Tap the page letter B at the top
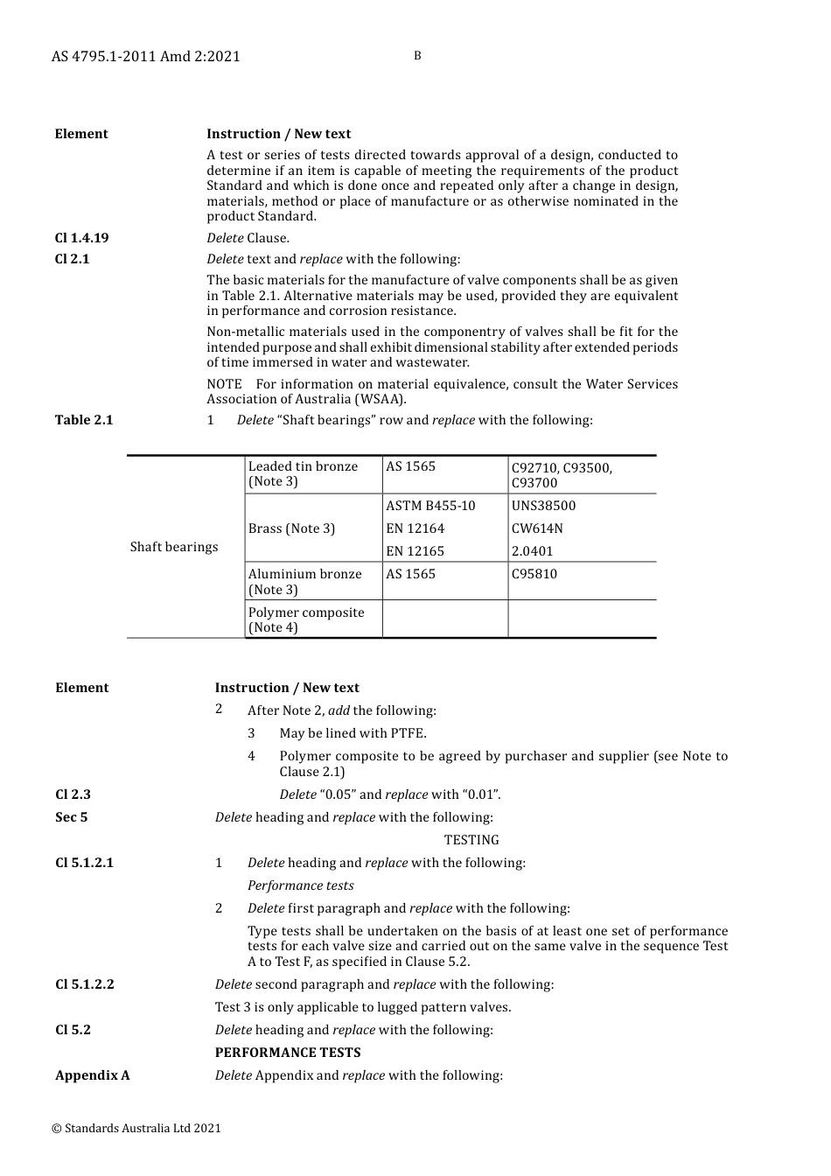click(x=417, y=56)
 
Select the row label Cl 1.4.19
click(x=81, y=238)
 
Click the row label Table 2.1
click(x=84, y=420)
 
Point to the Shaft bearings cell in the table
click(x=174, y=547)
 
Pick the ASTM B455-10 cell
click(x=431, y=506)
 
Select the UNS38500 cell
click(x=544, y=506)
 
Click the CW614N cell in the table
click(x=537, y=528)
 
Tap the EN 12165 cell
click(x=415, y=551)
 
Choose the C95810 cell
click(x=534, y=574)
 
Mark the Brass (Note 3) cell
click(x=291, y=528)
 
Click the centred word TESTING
click(x=471, y=840)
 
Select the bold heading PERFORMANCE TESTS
click(x=288, y=1053)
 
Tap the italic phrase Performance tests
click(x=301, y=885)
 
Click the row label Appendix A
click(x=93, y=1075)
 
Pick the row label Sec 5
click(x=72, y=817)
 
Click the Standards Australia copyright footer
click(x=136, y=1129)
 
